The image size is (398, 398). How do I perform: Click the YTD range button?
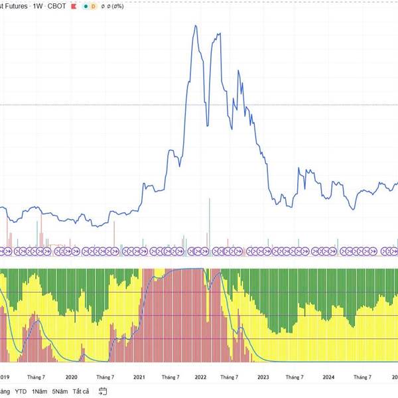21,391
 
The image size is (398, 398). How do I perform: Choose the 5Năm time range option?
61,391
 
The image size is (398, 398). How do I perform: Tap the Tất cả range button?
82,391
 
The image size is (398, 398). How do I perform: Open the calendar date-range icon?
103,391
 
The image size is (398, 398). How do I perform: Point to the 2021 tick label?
139,376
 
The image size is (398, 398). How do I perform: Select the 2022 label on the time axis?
200,376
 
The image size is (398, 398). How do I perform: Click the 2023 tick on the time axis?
263,376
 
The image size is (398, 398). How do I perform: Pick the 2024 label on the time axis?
328,376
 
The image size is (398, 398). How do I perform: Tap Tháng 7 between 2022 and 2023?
231,376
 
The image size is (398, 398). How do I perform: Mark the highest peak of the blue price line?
195,26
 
